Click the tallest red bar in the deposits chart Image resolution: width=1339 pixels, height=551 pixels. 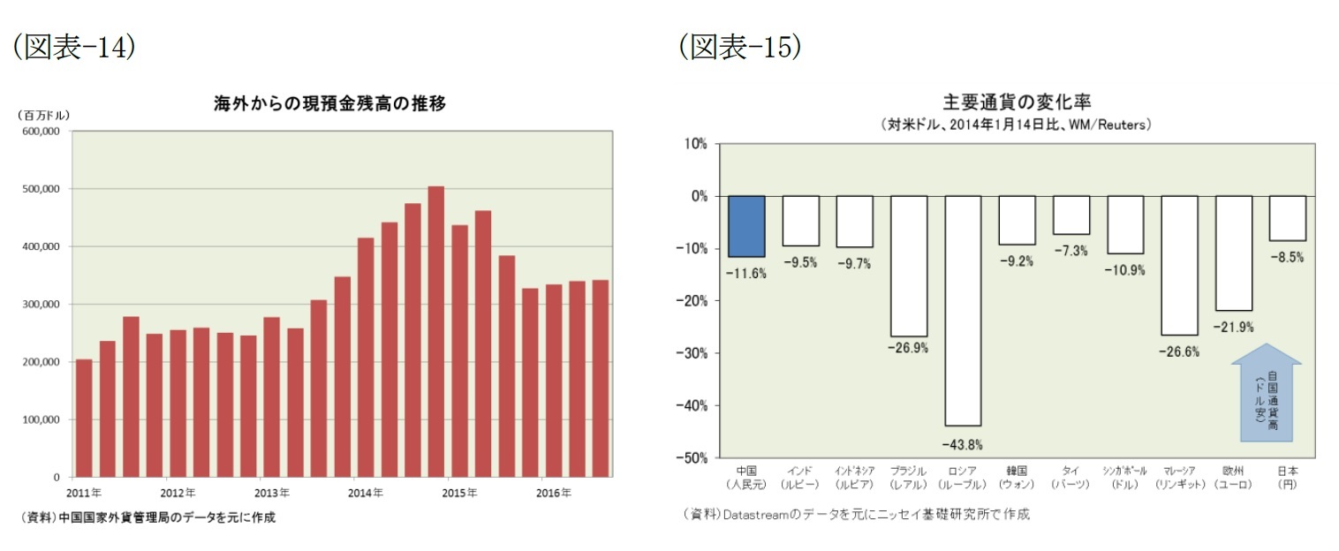tap(435, 331)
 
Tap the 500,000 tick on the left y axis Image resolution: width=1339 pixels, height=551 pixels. tap(39, 189)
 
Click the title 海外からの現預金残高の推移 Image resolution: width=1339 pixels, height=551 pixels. tap(329, 104)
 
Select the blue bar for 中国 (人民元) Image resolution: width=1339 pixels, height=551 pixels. tap(746, 226)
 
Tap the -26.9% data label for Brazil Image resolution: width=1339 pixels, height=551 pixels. tap(908, 348)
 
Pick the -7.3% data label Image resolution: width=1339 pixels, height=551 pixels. tap(1070, 251)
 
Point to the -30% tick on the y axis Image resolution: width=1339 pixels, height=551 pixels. tap(692, 353)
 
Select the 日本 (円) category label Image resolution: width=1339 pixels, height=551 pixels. tap(1287, 478)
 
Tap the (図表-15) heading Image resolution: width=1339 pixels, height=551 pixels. tap(740, 47)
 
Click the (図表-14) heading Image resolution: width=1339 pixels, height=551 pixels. tap(73, 47)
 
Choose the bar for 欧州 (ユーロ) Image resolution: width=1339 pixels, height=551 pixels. tap(1233, 253)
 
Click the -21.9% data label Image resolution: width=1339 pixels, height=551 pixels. tap(1233, 328)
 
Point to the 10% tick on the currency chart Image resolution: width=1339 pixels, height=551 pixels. tap(695, 144)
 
